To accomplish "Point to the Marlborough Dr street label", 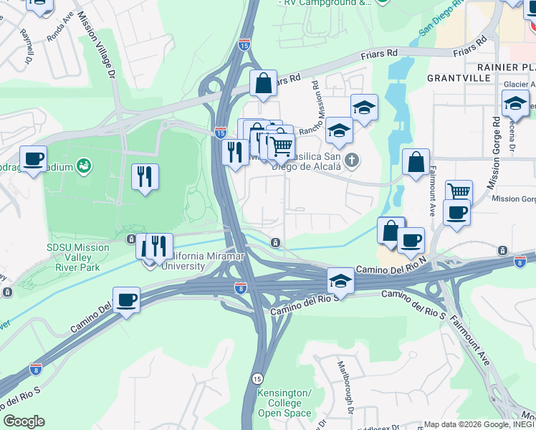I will click(x=346, y=386).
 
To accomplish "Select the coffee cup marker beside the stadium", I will click(x=33, y=159).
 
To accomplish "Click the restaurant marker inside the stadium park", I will click(x=145, y=176).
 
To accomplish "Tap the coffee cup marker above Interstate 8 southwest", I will click(x=126, y=299).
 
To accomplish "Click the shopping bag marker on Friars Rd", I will click(x=263, y=82).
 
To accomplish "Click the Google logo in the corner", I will click(x=24, y=421).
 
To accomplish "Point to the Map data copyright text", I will click(x=479, y=424).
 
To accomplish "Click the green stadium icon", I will click(x=85, y=167).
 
